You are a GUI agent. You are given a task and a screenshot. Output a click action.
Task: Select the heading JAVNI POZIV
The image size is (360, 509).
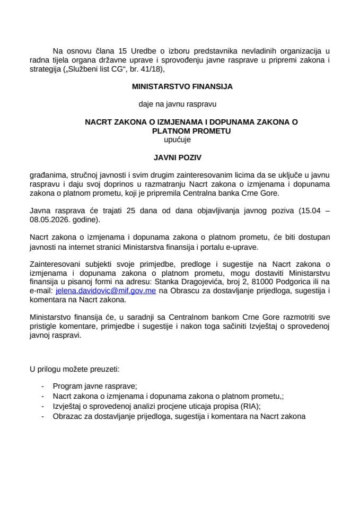coord(179,157)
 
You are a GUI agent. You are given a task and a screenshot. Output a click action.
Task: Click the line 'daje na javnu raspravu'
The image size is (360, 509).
coord(179,104)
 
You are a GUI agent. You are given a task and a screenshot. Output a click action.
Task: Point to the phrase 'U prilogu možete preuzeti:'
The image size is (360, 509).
coord(74,367)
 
